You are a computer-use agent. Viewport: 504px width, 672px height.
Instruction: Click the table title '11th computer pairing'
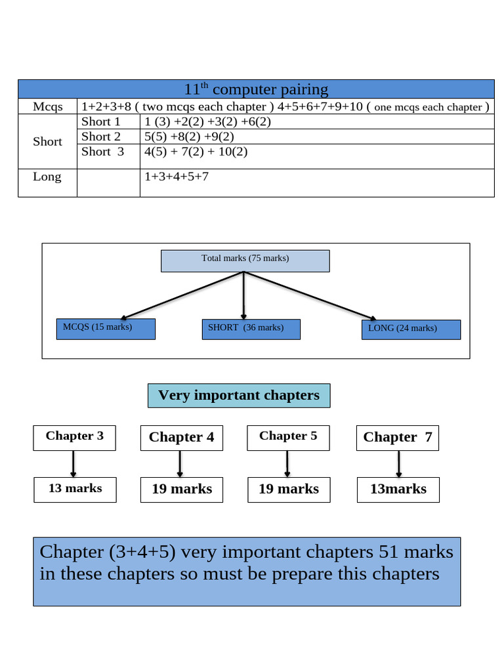click(256, 89)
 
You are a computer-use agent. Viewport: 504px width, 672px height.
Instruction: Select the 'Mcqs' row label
click(48, 107)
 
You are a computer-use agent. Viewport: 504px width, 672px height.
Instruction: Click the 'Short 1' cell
click(101, 122)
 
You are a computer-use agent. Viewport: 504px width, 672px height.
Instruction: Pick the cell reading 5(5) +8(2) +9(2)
click(189, 136)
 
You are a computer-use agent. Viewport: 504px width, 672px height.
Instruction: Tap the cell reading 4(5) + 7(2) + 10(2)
click(196, 152)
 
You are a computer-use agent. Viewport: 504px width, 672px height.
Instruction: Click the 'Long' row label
click(47, 177)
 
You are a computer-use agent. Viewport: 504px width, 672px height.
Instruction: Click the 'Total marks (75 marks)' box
click(245, 260)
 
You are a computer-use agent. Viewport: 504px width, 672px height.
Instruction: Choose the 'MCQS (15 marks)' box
click(106, 328)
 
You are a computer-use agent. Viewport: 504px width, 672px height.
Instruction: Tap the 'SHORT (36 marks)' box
click(250, 329)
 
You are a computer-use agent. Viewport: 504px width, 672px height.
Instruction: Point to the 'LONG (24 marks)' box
click(410, 329)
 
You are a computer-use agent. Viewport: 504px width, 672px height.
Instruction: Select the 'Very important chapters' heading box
click(239, 396)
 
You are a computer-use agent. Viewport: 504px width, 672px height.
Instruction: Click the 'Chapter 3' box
click(74, 437)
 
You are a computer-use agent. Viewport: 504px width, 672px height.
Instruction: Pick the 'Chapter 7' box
click(398, 438)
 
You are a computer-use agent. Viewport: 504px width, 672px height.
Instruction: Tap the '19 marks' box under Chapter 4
click(182, 490)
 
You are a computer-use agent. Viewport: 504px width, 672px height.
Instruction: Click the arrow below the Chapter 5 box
click(287, 464)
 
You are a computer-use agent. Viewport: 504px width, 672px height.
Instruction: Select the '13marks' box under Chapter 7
click(398, 490)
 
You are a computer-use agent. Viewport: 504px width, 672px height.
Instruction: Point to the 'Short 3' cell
click(102, 152)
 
